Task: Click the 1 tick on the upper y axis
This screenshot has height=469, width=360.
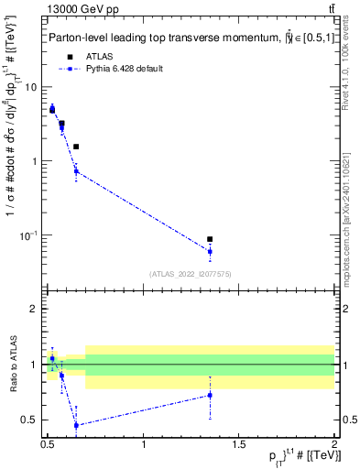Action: click(37, 161)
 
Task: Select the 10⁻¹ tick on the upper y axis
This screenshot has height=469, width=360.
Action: click(32, 235)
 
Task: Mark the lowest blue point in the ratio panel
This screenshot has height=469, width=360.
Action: click(76, 425)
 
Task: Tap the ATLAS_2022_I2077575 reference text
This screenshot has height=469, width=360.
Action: click(191, 273)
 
